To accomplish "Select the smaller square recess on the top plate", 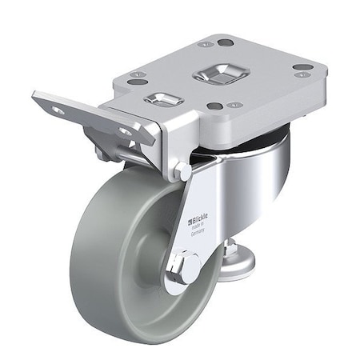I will (163, 100).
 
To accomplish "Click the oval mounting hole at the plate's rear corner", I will (225, 42).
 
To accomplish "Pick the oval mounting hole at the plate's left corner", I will (138, 82).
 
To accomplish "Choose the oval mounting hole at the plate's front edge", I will (215, 106).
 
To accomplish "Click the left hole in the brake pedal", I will (58, 110).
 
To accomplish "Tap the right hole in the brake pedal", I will (126, 131).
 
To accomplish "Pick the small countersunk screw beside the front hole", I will (234, 105).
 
